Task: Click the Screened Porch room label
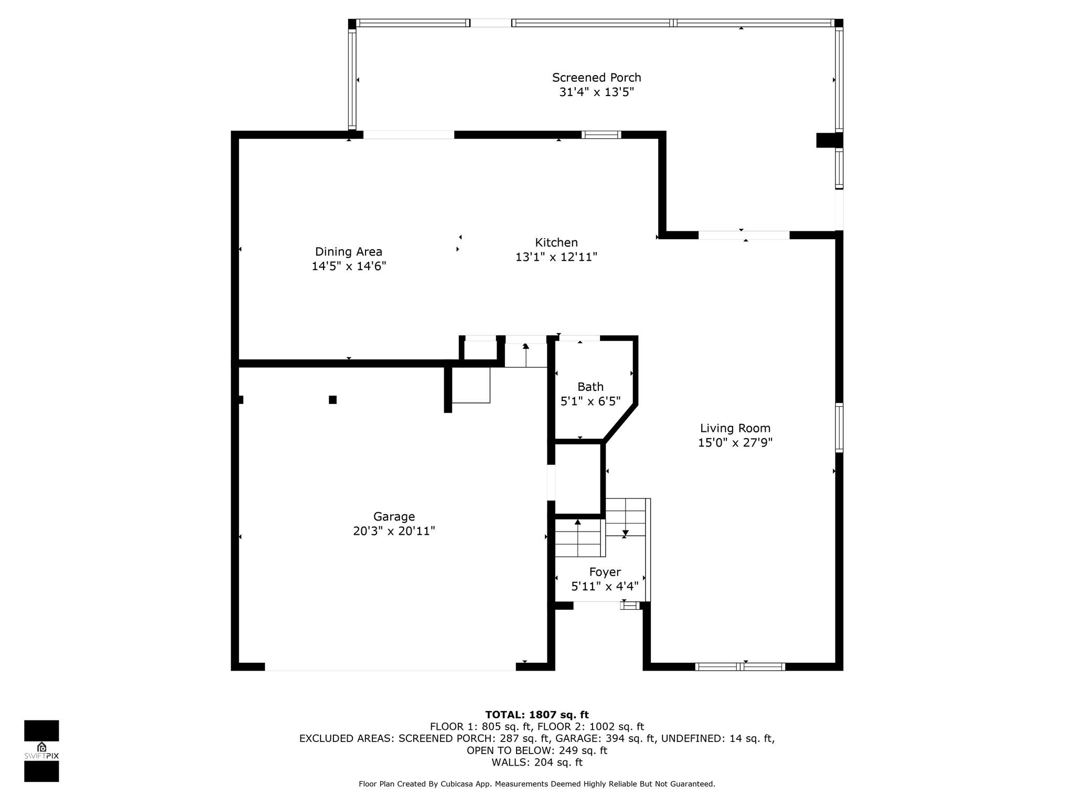click(x=596, y=78)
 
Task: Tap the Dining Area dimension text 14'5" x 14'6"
click(x=349, y=266)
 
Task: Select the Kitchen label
click(x=556, y=242)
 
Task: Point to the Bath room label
click(x=590, y=387)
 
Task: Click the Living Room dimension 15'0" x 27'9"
click(x=735, y=443)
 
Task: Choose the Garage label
click(x=394, y=517)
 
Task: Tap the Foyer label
click(x=605, y=572)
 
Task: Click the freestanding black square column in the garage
click(x=332, y=400)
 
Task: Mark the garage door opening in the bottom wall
click(x=390, y=667)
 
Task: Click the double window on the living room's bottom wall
click(x=740, y=667)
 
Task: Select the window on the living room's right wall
click(x=839, y=428)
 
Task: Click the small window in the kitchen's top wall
click(x=602, y=135)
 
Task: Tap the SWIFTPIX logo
click(x=41, y=751)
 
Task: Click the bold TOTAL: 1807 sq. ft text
click(x=537, y=715)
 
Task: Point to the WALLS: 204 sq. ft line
click(x=537, y=762)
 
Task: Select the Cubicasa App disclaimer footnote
click(x=537, y=784)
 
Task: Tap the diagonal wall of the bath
click(x=620, y=423)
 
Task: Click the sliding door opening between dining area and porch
click(x=409, y=135)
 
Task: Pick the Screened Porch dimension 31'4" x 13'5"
click(x=597, y=92)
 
